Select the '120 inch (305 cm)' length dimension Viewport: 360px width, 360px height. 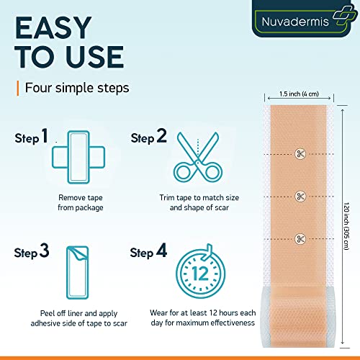[x=348, y=216]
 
